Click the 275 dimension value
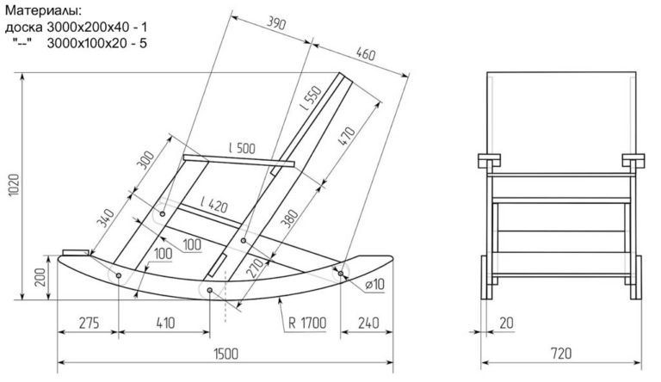[86, 323]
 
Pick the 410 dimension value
[166, 323]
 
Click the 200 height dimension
[39, 278]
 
